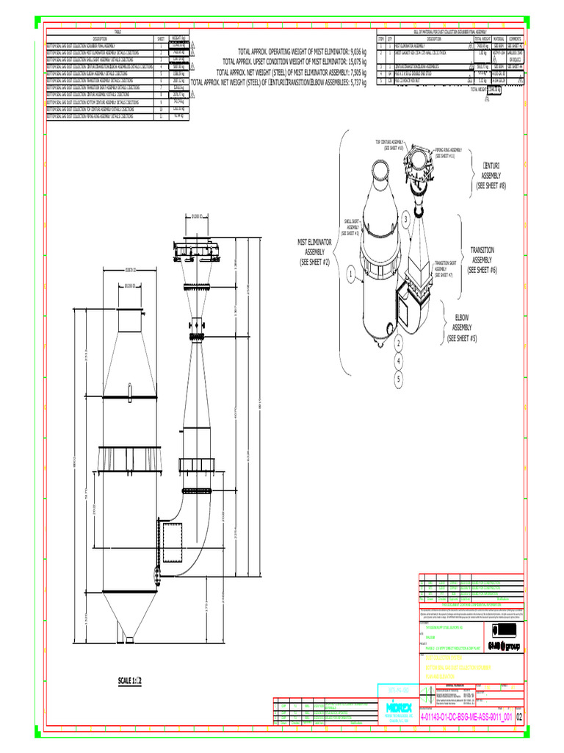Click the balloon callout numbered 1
pos(350,275)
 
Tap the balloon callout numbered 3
pos(405,220)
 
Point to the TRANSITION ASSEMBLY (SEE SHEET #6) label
pos(482,260)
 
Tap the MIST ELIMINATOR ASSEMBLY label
pos(314,251)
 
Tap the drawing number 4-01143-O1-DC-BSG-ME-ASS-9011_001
pos(466,715)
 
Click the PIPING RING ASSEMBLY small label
pos(448,152)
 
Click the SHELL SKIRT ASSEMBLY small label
pos(351,226)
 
